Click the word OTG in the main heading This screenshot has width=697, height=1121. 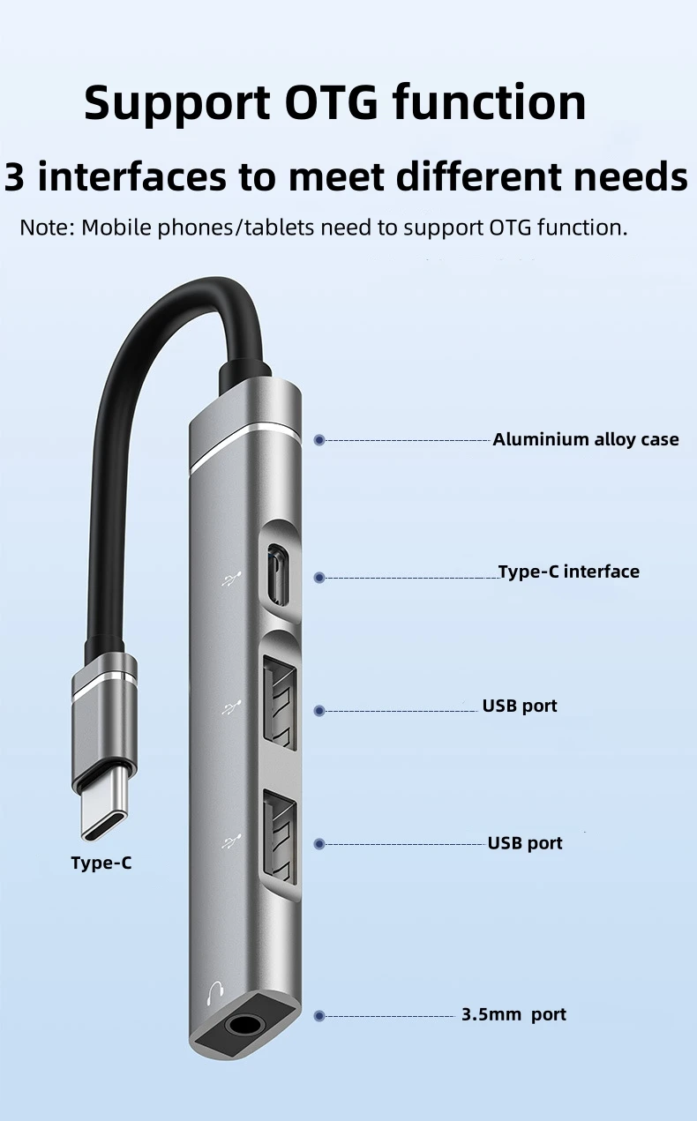coord(331,102)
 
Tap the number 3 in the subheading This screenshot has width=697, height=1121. coord(15,176)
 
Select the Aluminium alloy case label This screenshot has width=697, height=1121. coord(585,439)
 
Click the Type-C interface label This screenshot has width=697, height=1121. coord(568,572)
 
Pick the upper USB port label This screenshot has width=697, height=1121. coord(519,706)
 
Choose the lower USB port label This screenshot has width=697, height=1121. coord(525,843)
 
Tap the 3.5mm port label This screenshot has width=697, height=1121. coord(513,1014)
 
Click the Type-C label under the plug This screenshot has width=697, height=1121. coord(101,863)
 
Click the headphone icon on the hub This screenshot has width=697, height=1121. coord(213,995)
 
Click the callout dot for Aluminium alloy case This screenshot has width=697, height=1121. coord(319,439)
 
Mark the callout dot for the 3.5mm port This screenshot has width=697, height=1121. coord(319,1016)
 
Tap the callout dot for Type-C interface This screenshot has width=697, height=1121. coord(319,577)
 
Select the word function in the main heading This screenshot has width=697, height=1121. coord(489,102)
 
